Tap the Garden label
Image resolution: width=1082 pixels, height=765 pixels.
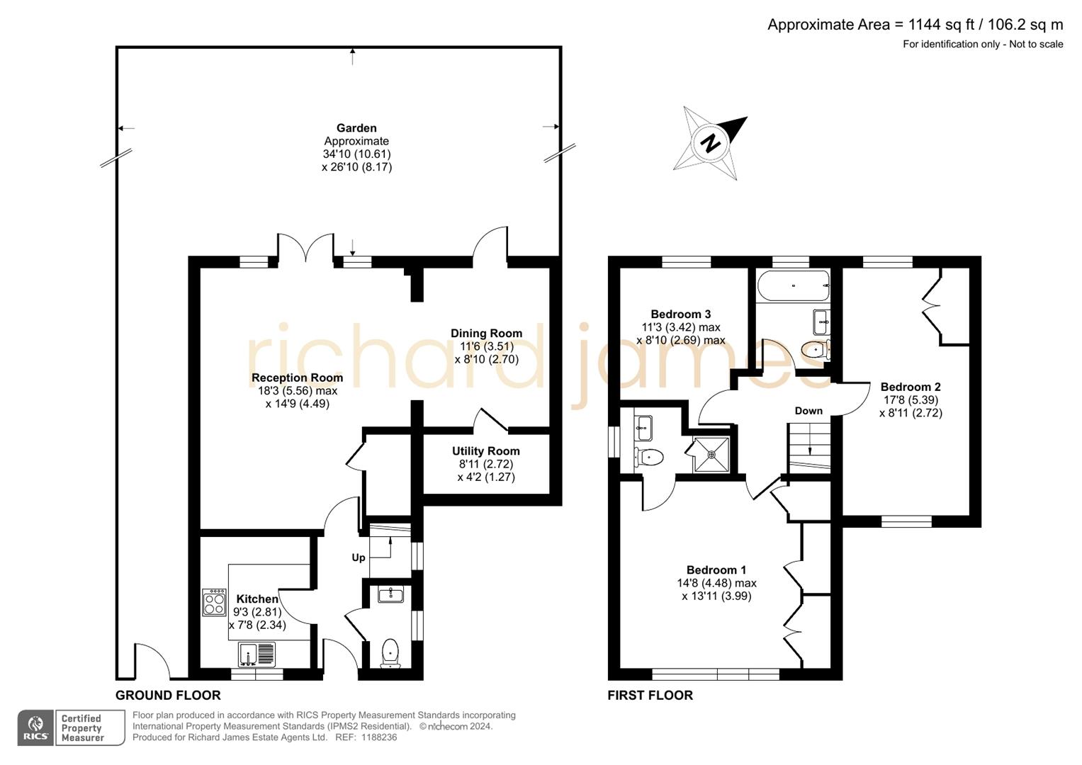coord(356,128)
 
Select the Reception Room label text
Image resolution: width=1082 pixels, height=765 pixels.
coord(297,378)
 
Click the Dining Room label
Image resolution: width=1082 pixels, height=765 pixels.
coord(486,333)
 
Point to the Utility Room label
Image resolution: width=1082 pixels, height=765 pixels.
coord(486,451)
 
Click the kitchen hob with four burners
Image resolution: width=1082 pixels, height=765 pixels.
coord(214,602)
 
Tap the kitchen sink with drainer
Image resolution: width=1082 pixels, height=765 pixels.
coord(257,653)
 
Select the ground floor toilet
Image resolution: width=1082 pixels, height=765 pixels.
coord(390,652)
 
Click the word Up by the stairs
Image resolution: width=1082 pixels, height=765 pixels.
coord(359,557)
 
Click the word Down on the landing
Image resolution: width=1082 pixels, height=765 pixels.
coord(808,411)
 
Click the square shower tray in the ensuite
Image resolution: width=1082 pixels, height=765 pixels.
coord(711,454)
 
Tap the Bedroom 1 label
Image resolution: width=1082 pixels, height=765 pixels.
coord(716,569)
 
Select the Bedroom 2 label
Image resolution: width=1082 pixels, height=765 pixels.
coord(911,387)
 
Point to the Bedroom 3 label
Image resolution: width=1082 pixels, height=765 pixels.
coord(680,314)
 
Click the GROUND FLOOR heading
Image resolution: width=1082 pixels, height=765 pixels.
coord(168,695)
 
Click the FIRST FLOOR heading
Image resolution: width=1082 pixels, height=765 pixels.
coord(650,695)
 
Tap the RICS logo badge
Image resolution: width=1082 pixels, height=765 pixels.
coord(35,727)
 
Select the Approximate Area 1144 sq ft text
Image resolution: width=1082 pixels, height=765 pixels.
coord(915,25)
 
